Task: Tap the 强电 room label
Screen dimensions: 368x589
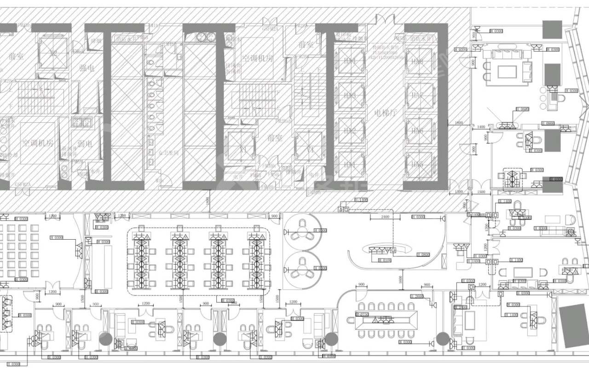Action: [86, 68]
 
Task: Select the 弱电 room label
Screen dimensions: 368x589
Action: [85, 144]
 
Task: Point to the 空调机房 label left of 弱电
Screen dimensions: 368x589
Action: [37, 143]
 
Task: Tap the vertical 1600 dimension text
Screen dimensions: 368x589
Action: [401, 278]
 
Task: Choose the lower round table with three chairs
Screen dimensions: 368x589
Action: [302, 268]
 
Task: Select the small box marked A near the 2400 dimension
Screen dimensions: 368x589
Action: [341, 210]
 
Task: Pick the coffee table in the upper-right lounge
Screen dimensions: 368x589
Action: [507, 71]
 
